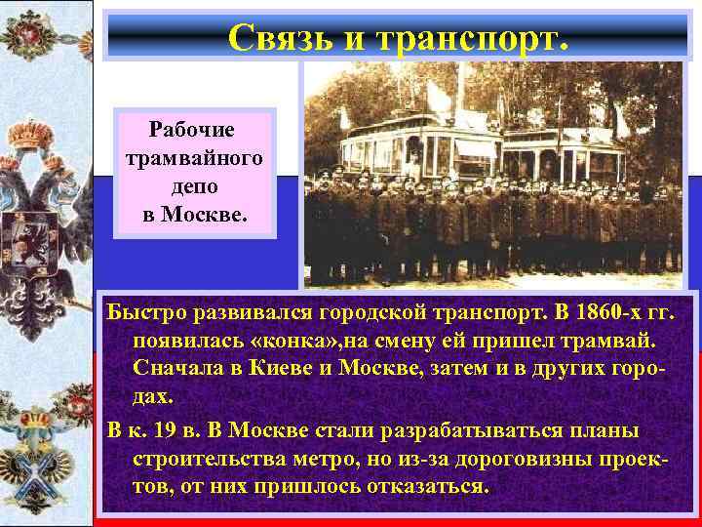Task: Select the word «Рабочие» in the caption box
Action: click(197, 129)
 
